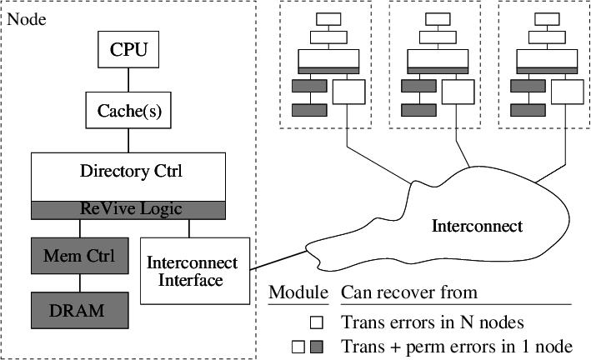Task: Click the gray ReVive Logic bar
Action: pos(128,208)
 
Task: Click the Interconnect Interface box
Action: pos(192,272)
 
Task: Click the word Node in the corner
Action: pos(26,18)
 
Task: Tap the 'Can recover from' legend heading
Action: pos(408,292)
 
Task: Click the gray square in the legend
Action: pos(317,347)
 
